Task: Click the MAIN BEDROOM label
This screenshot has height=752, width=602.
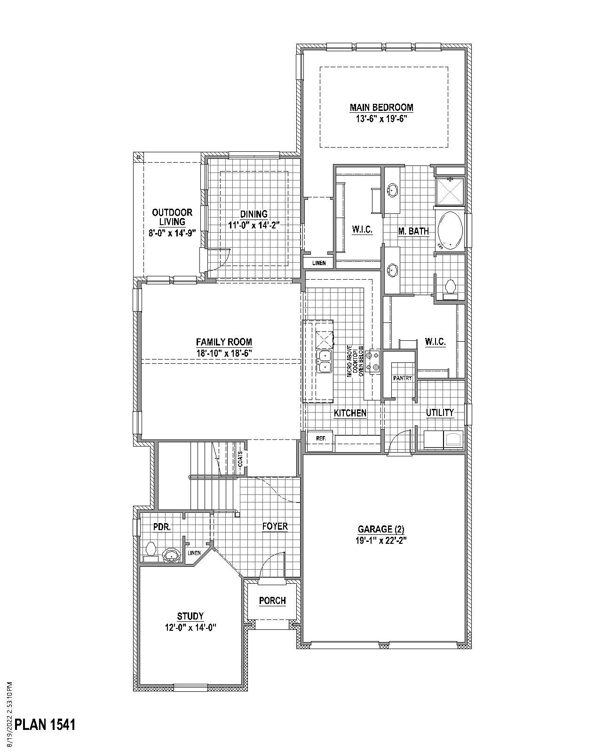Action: click(x=381, y=108)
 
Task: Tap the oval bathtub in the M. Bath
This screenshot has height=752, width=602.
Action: click(x=451, y=230)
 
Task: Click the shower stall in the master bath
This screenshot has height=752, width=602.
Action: click(x=450, y=191)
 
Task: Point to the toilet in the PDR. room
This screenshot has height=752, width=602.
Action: click(x=151, y=551)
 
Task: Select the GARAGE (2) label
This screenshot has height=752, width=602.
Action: click(x=381, y=529)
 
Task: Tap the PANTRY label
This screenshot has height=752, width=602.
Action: click(x=402, y=378)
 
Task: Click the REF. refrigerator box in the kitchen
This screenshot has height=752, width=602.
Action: click(x=321, y=438)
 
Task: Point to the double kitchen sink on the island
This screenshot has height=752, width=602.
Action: click(x=324, y=361)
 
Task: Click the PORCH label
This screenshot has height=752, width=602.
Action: click(x=272, y=601)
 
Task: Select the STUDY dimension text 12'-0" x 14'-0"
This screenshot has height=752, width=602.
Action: click(x=190, y=627)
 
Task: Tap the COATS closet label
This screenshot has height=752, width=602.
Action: click(x=240, y=458)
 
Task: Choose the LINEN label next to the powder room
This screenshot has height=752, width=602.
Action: click(x=194, y=553)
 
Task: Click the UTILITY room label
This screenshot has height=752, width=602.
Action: click(x=440, y=413)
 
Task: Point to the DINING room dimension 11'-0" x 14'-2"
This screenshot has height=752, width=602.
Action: click(x=254, y=225)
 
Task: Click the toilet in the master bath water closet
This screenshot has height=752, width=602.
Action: click(x=450, y=287)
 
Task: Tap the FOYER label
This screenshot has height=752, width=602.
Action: click(x=275, y=526)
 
